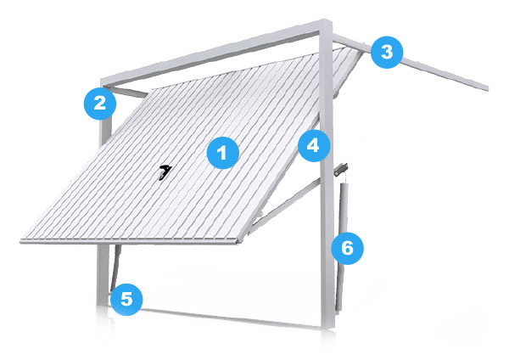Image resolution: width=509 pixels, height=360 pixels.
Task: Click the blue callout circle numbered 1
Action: [x=222, y=153]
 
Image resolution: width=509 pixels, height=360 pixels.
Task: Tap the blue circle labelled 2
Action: [x=99, y=104]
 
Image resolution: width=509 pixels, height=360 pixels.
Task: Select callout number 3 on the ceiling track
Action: [x=387, y=52]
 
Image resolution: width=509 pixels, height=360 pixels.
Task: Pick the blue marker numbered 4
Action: [x=314, y=145]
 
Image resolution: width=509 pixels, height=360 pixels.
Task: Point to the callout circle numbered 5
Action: [x=126, y=299]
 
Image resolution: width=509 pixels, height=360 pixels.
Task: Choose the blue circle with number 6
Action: [x=347, y=248]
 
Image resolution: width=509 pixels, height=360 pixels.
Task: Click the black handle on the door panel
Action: [x=165, y=172]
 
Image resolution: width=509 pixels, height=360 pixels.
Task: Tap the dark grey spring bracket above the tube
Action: [x=341, y=170]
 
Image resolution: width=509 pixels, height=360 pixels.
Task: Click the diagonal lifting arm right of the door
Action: [x=285, y=205]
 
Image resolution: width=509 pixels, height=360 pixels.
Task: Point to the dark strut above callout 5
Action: [x=116, y=267]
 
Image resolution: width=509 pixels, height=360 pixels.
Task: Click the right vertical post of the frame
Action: [x=327, y=176]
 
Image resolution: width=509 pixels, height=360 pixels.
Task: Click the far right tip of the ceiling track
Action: [x=488, y=88]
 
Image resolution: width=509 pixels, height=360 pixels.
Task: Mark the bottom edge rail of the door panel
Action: [x=130, y=241]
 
